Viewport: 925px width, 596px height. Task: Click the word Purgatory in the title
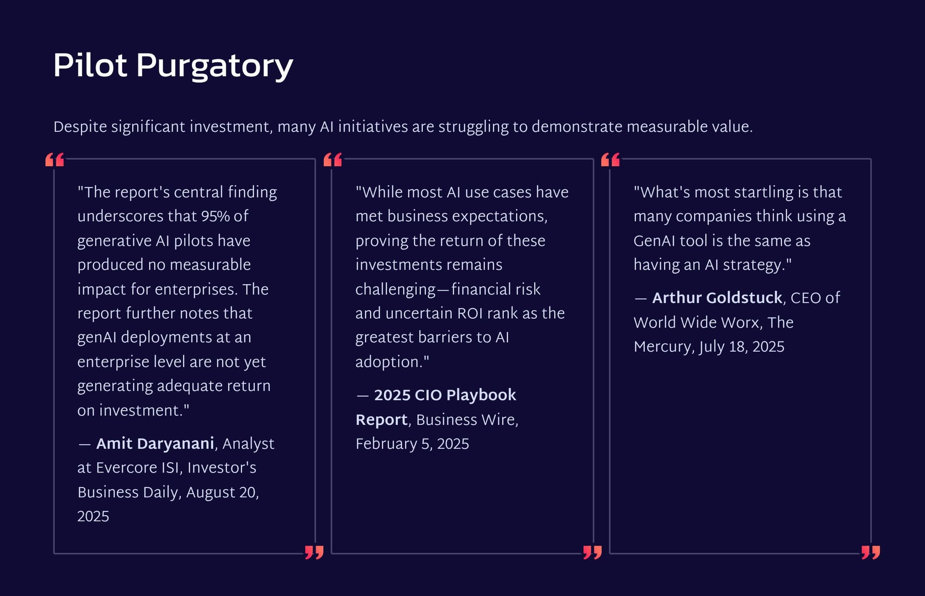[x=215, y=66]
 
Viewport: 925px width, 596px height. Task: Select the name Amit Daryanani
[x=155, y=444]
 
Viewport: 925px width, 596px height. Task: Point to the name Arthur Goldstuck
[x=717, y=298]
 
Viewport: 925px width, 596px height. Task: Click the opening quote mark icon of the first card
[x=55, y=160]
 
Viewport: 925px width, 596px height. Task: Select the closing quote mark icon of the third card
[x=871, y=552]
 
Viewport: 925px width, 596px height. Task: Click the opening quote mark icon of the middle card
[x=333, y=160]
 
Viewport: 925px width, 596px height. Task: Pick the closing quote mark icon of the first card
[x=314, y=552]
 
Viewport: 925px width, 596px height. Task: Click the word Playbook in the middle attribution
[x=481, y=396]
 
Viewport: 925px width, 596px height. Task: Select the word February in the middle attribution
[x=386, y=444]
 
